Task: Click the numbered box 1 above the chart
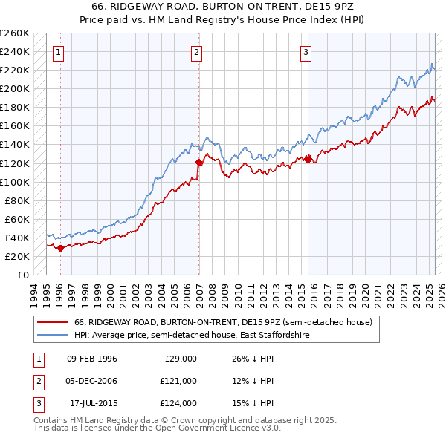click(x=58, y=52)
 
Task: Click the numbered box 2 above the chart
click(x=195, y=52)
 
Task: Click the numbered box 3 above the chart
click(x=306, y=52)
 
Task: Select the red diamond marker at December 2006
click(x=198, y=162)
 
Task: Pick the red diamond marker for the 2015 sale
click(x=308, y=159)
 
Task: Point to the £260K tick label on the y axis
click(x=14, y=33)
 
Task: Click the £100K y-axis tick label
click(x=14, y=182)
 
